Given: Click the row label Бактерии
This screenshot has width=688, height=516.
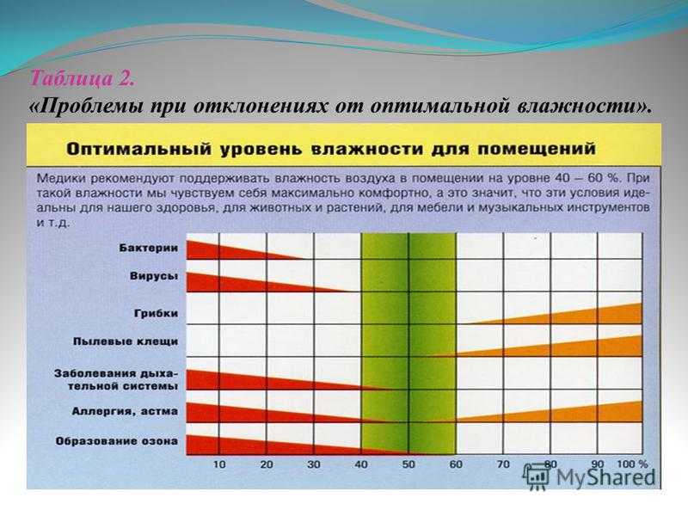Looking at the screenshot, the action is coord(149,248).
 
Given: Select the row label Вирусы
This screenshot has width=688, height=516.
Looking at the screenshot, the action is coord(154,276).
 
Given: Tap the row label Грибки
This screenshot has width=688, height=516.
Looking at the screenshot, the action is coord(157,314).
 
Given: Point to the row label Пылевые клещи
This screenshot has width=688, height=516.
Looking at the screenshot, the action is coord(126,341).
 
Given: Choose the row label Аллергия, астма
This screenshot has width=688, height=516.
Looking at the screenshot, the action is coord(125,412).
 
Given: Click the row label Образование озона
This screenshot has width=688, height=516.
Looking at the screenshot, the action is coord(117,441).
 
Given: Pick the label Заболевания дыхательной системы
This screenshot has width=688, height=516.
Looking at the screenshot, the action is coord(116,380).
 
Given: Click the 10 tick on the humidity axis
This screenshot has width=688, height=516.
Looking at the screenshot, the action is coord(219,464).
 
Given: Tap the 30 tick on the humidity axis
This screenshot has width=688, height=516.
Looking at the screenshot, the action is coord(313,464).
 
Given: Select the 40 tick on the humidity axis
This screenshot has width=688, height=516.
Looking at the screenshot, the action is coord(360,464).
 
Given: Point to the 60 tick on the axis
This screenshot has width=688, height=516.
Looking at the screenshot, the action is coord(456,464).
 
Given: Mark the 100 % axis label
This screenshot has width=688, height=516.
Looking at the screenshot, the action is coord(632,464).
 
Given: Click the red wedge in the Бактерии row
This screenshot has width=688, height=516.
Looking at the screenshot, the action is coord(228,251).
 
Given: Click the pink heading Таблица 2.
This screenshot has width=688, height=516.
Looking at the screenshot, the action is coord(82,79).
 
